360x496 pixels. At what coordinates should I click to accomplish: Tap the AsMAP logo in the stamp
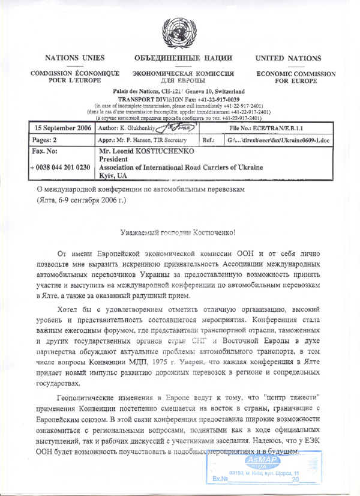coord(262,461)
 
